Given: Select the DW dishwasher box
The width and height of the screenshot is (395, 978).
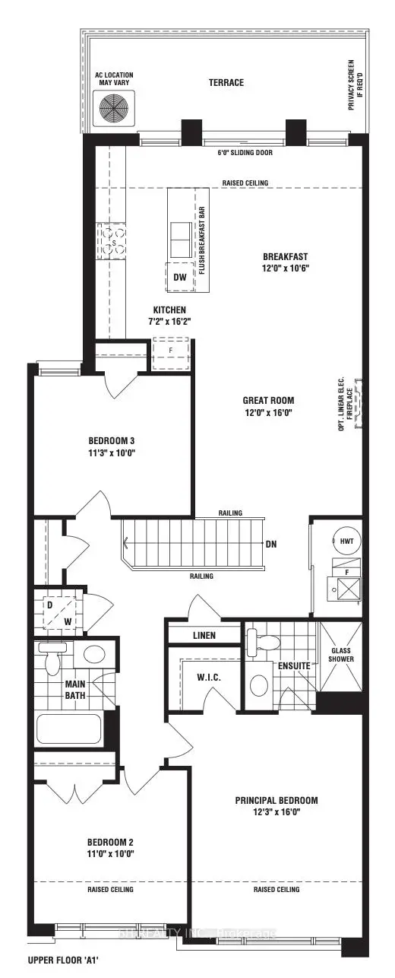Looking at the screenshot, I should pyautogui.click(x=179, y=277).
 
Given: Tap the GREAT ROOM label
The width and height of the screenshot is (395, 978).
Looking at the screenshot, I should pyautogui.click(x=268, y=400).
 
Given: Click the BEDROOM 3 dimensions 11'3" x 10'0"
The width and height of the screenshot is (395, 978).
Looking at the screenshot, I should pyautogui.click(x=116, y=452).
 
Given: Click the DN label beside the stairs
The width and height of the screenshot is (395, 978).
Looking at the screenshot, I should pyautogui.click(x=271, y=545).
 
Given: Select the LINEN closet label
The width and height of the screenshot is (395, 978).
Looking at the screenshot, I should pyautogui.click(x=204, y=635).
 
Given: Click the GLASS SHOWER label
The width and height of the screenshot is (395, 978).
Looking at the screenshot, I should pyautogui.click(x=341, y=653).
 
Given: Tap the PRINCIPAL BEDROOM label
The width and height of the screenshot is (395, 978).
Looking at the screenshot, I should pyautogui.click(x=276, y=800).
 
